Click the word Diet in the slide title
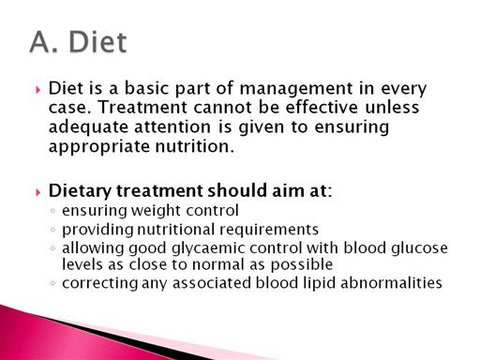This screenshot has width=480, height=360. tap(97, 41)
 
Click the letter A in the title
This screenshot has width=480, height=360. tap(41, 41)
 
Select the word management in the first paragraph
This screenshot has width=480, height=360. tap(295, 89)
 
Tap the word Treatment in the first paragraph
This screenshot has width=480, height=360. tap(142, 107)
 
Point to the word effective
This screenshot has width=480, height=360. tap(322, 107)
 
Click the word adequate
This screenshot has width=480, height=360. tap(88, 127)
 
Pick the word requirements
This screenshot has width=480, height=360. tap(269, 230)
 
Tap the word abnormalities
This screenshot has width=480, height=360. tap(391, 283)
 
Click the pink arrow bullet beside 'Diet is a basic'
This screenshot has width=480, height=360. tap(38, 90)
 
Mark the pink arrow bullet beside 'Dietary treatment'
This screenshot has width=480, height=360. tap(38, 192)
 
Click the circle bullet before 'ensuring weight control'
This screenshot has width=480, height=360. tap(52, 211)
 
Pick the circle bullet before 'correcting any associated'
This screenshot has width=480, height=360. tap(52, 283)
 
